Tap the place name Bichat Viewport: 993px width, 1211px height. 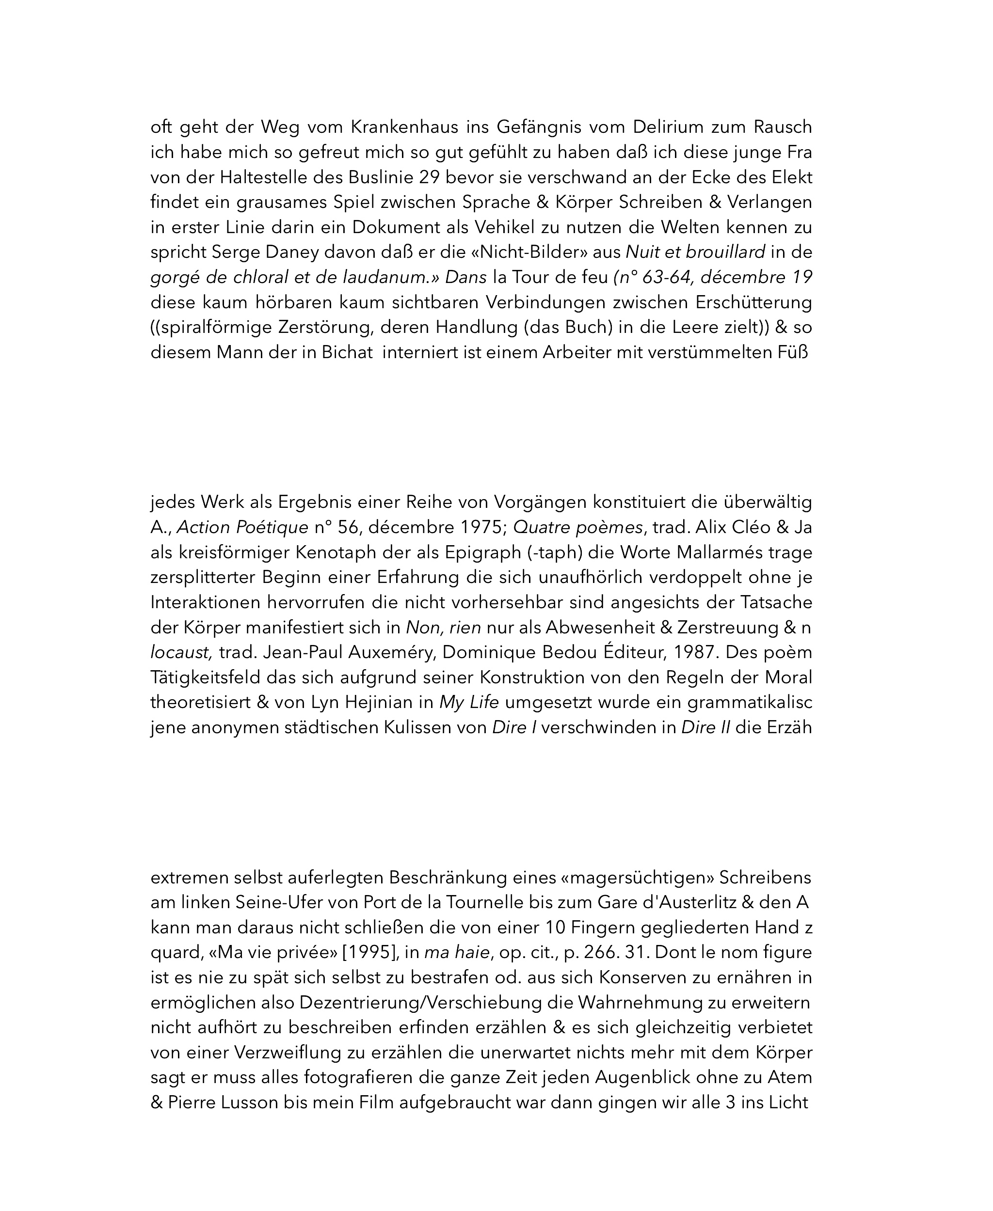coord(347,353)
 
